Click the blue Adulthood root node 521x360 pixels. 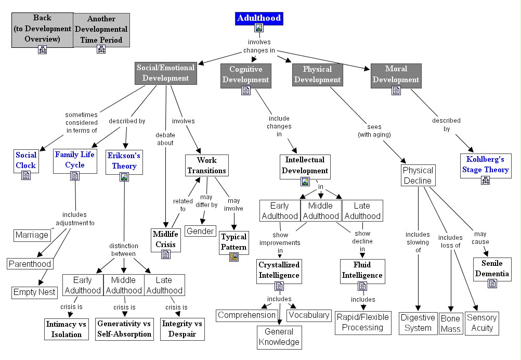point(258,19)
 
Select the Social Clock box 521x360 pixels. point(25,160)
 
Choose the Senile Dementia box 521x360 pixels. point(492,268)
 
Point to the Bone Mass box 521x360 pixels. point(450,323)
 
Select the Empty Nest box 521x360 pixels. point(34,292)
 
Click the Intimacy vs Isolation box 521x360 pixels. point(66,329)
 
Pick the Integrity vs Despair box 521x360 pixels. point(182,329)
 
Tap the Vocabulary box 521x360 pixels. point(308,315)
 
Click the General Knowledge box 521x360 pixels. point(279,337)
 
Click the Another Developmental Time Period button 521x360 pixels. point(101,30)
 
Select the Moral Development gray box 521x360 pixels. point(396,74)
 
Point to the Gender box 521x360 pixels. point(200,231)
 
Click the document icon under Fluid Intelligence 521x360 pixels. point(362,286)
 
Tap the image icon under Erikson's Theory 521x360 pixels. point(124,177)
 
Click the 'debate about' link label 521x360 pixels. point(165,139)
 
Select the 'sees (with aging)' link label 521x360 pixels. point(374,131)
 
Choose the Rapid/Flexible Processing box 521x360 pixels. point(362,323)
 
